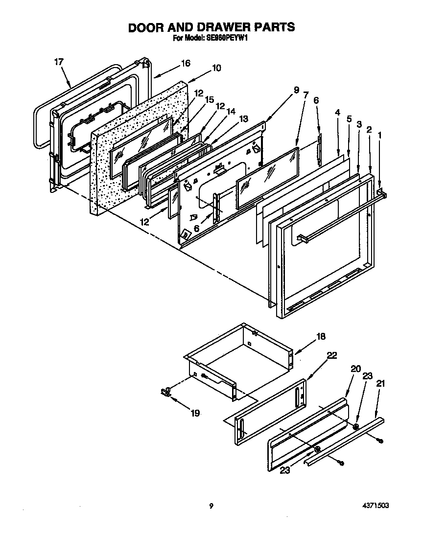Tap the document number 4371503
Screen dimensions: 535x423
click(x=376, y=506)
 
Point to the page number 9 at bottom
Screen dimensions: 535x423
click(x=211, y=506)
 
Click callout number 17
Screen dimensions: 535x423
click(x=59, y=62)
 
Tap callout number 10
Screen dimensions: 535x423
click(x=216, y=68)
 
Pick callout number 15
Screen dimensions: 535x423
click(x=209, y=99)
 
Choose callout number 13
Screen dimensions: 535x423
click(x=243, y=118)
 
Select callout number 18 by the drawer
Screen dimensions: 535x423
click(x=321, y=336)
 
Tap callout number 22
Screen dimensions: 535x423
click(x=331, y=356)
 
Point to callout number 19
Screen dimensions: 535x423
click(x=195, y=414)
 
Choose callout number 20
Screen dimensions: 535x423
click(x=355, y=369)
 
